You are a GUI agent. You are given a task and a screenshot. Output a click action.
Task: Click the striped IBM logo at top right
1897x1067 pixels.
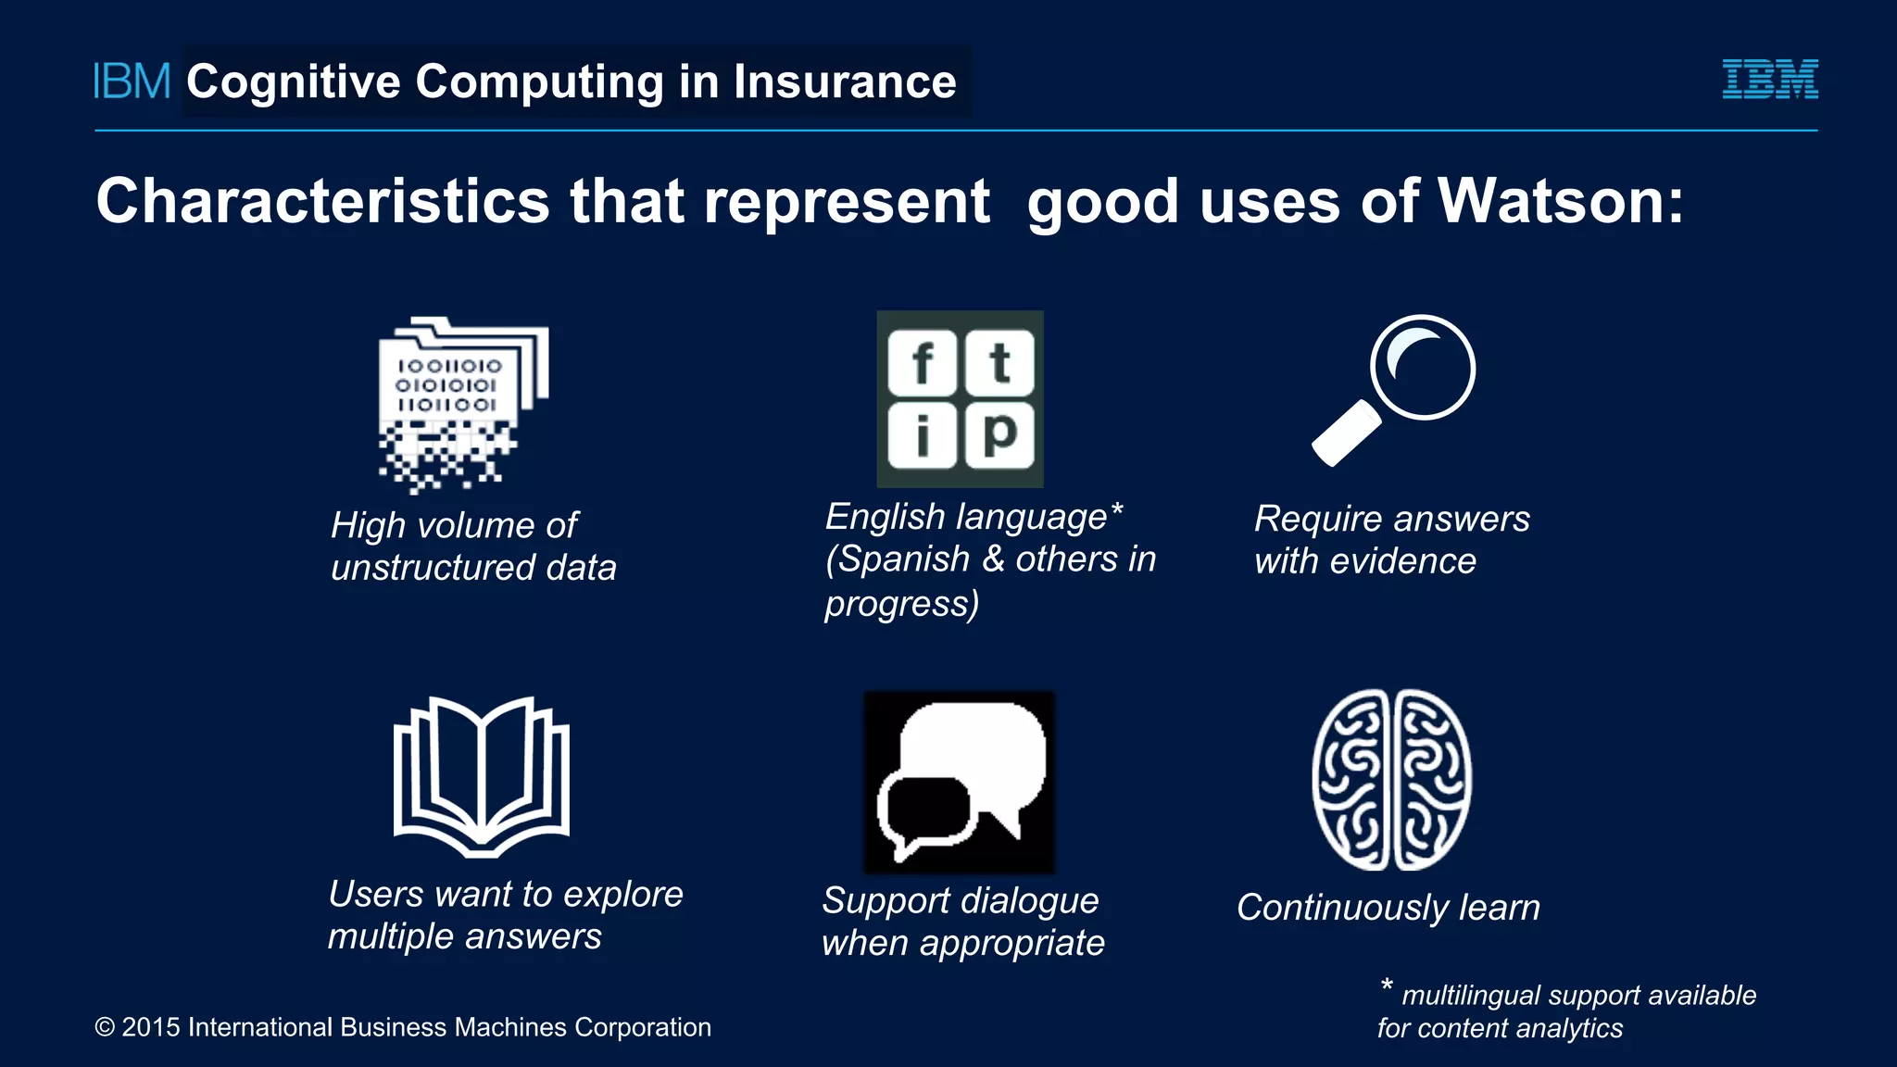(x=1769, y=80)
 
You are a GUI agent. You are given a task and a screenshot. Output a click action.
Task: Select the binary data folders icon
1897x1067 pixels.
(x=463, y=403)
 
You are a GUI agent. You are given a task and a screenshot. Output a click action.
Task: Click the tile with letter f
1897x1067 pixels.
(x=922, y=363)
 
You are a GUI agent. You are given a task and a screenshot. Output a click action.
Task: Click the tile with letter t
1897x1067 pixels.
(x=999, y=363)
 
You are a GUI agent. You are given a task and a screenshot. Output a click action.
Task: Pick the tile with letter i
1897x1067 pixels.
(x=922, y=435)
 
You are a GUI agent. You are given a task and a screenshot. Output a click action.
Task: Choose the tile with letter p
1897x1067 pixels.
(x=999, y=433)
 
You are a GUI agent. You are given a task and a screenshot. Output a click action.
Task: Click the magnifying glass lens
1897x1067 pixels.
(x=1423, y=368)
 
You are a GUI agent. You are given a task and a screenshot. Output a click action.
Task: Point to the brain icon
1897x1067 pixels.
(x=1391, y=780)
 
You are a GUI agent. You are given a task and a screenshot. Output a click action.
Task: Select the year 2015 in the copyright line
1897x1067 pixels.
(x=150, y=1027)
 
